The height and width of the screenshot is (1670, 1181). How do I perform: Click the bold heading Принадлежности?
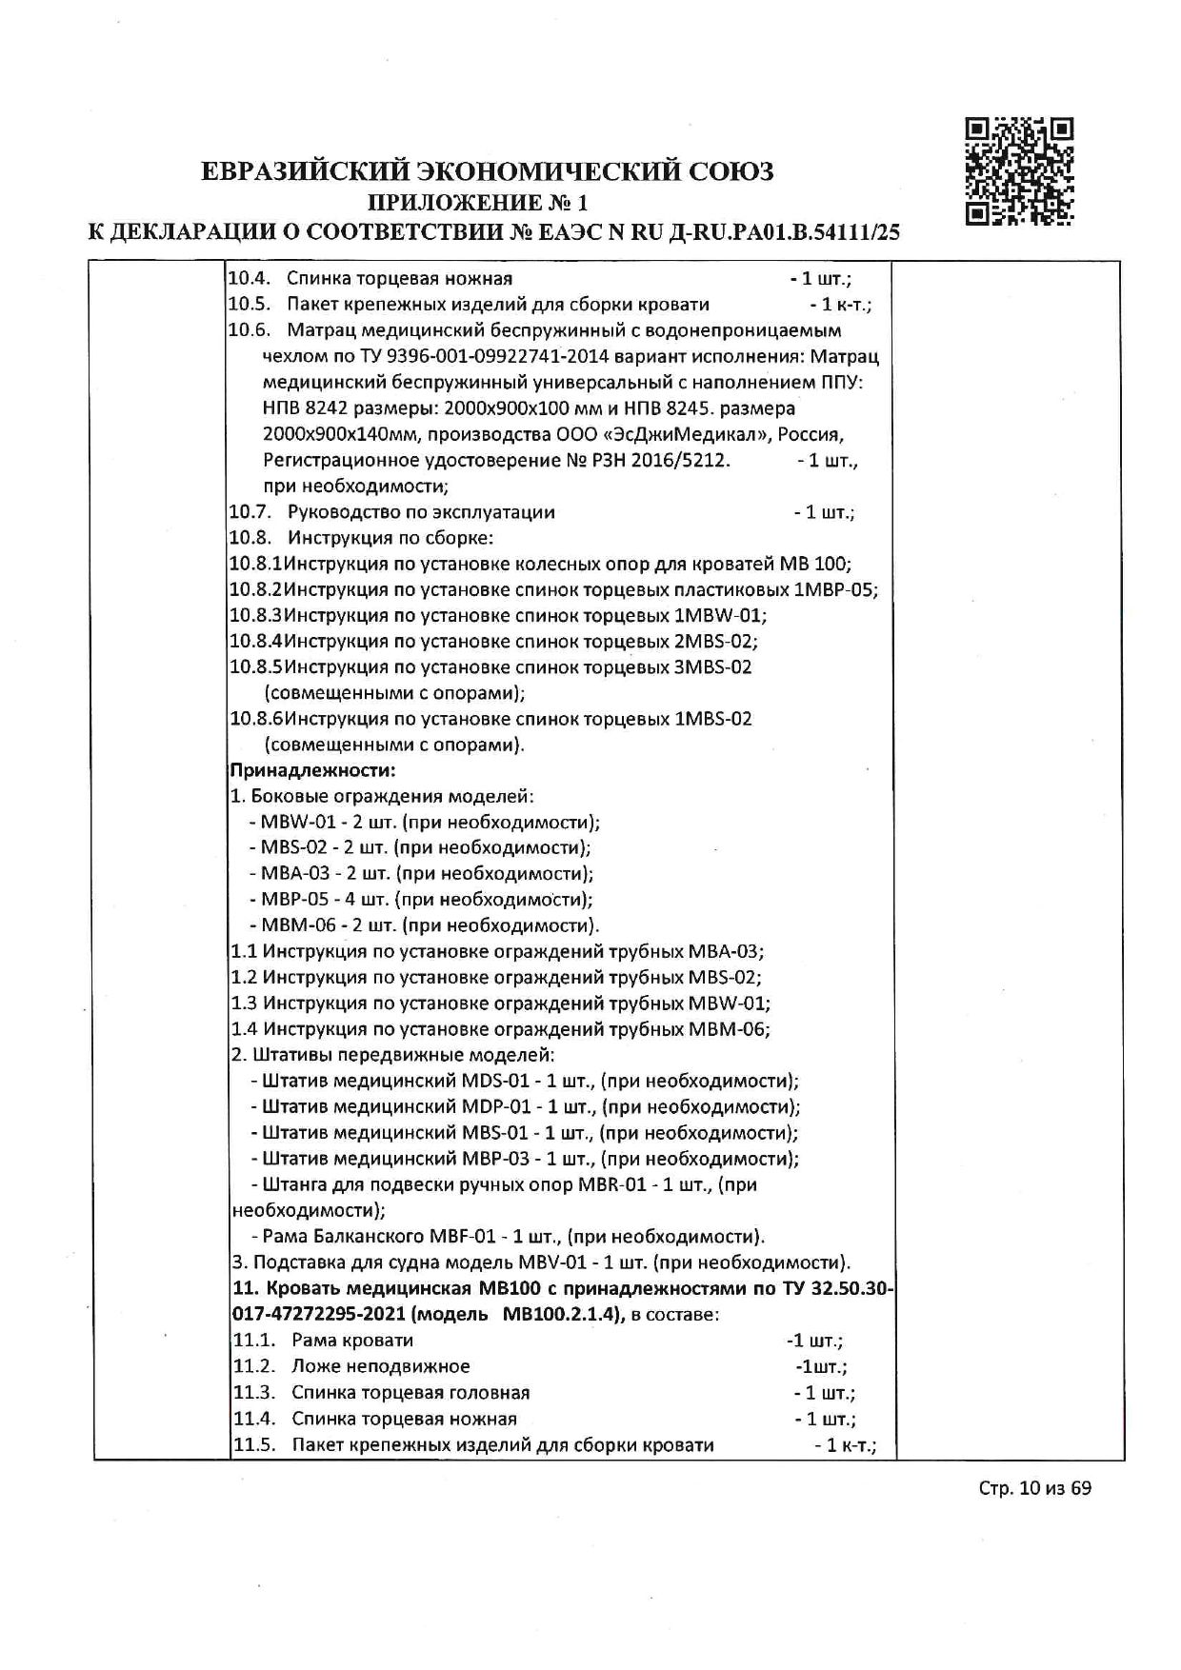click(x=312, y=769)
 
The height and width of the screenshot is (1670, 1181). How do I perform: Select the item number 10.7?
click(x=249, y=512)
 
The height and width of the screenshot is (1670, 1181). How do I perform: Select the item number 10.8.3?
click(x=256, y=615)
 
